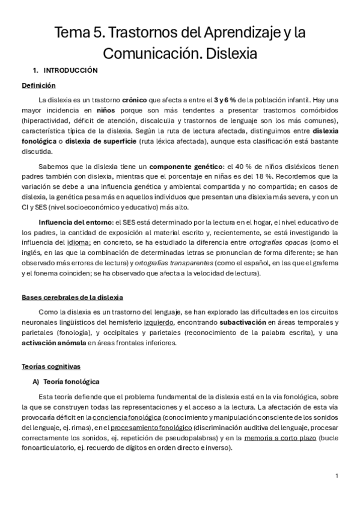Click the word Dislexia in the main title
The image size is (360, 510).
pos(231,54)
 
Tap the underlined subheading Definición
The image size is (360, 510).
pos(38,85)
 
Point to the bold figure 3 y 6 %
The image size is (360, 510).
pos(228,99)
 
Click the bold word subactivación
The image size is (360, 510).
pos(243,322)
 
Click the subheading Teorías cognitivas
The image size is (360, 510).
pos(51,366)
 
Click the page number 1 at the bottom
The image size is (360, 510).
pos(337,476)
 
